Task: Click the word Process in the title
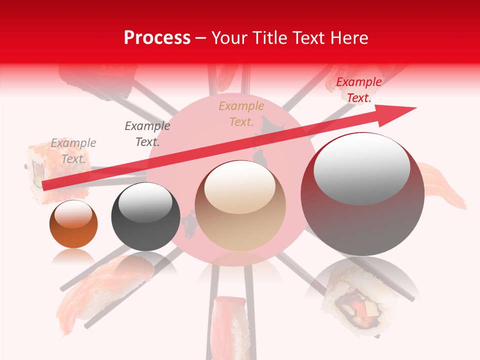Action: (157, 38)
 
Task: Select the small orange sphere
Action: (73, 224)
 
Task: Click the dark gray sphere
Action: (145, 217)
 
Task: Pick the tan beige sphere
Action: (240, 206)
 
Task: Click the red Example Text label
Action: (358, 90)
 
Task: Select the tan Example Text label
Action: (241, 113)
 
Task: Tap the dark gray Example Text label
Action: (147, 133)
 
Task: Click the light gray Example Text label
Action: (73, 150)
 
